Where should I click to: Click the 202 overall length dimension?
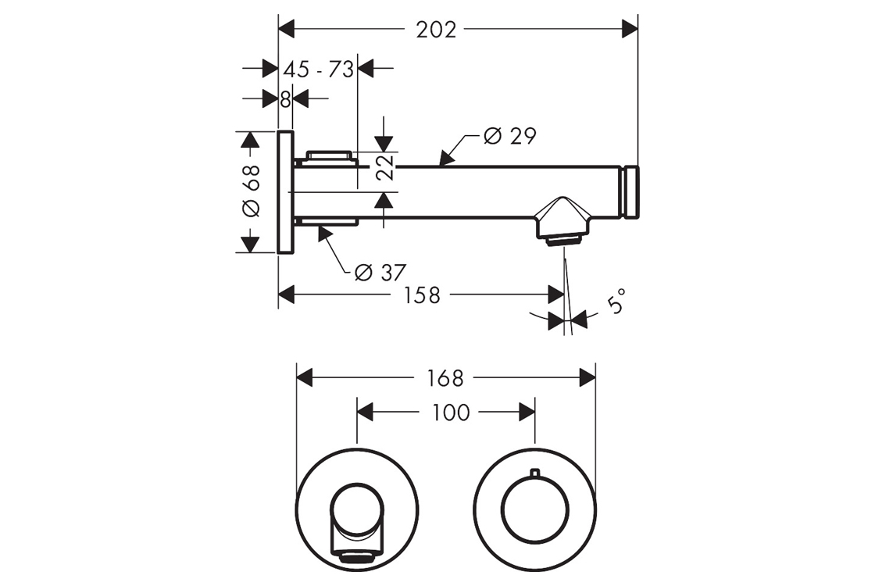436,30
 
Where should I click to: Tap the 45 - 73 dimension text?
318,69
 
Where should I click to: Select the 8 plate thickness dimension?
285,99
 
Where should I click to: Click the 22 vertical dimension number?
384,167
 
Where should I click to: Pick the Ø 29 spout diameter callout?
509,136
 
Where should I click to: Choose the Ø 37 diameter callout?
380,273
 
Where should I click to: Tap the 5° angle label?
617,301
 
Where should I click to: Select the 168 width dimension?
446,378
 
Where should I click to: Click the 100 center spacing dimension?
451,412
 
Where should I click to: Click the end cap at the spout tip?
630,192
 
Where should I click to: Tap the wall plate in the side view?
285,192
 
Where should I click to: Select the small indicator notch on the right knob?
534,472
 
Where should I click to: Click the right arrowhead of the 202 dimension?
630,30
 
